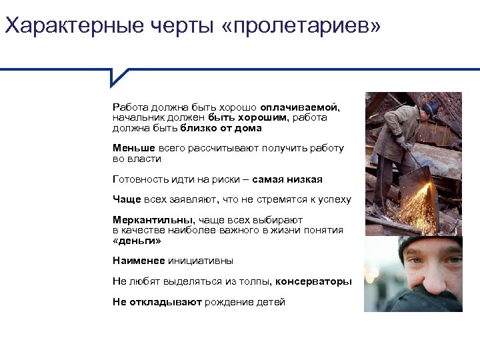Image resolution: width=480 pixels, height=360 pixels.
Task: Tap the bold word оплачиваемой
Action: coord(300,107)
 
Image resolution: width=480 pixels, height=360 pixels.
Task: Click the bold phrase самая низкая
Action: coord(288,179)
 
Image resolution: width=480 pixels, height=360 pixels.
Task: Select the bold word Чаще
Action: coord(126,199)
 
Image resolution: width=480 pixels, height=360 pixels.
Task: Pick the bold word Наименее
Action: coord(138,261)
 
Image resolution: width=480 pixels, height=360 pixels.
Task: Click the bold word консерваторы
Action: coord(313,281)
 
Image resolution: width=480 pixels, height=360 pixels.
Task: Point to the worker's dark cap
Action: coord(431,107)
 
